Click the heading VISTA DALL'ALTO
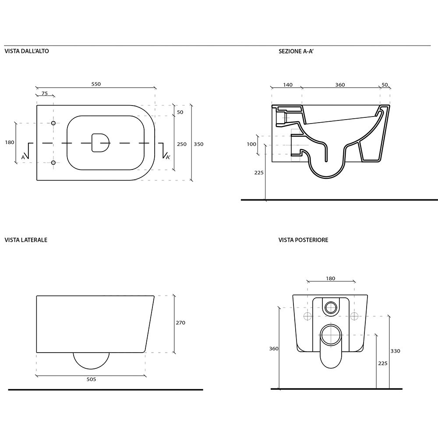click(27, 51)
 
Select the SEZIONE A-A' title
click(296, 51)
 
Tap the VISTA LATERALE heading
click(26, 240)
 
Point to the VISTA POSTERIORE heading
click(304, 240)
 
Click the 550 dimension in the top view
click(96, 84)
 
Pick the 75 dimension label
click(45, 94)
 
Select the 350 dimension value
click(198, 144)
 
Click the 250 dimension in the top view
click(182, 144)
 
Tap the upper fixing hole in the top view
click(53, 123)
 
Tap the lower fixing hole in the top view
click(53, 162)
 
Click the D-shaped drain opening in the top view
click(100, 143)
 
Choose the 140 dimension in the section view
click(288, 85)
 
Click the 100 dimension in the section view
click(251, 144)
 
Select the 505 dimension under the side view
click(92, 379)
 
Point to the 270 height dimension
click(180, 323)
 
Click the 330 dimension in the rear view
click(395, 351)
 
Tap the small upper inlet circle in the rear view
click(331, 308)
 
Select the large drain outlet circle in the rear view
click(331, 335)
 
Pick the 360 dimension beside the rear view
click(274, 349)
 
